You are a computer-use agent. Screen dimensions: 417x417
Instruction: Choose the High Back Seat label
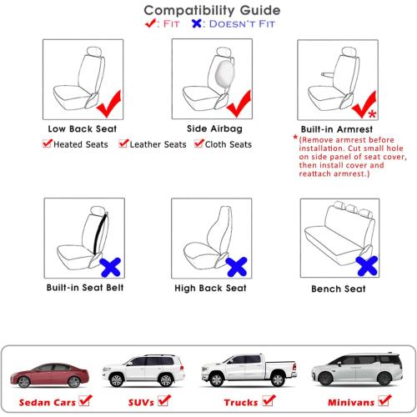click(210, 288)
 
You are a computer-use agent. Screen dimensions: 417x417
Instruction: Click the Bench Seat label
click(339, 289)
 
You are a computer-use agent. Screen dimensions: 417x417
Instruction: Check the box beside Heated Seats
click(48, 144)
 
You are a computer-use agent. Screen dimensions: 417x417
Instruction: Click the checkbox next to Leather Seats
click(123, 144)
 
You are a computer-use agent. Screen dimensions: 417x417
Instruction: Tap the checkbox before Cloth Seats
click(198, 144)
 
